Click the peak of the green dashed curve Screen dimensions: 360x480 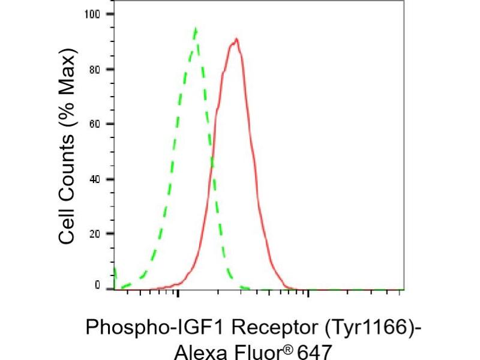(195, 29)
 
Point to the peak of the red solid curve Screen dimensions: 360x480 (237, 40)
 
